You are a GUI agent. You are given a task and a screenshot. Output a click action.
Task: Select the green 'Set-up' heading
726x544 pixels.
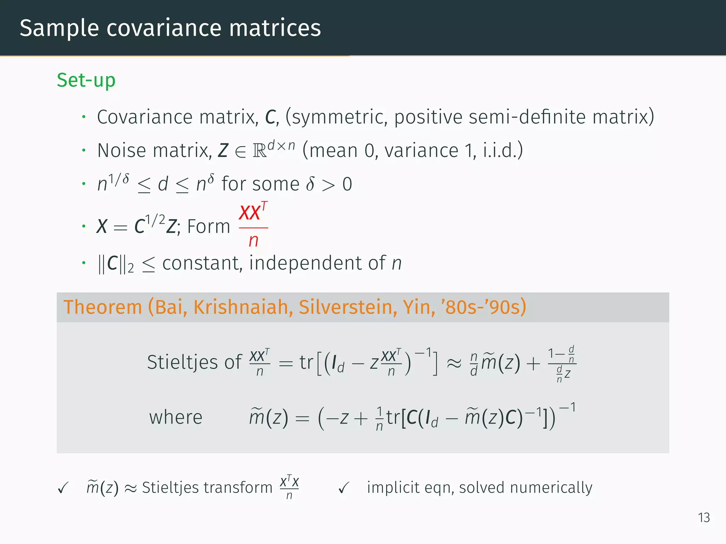click(x=86, y=80)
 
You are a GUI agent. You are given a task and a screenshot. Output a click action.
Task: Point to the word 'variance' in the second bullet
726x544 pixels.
click(x=421, y=151)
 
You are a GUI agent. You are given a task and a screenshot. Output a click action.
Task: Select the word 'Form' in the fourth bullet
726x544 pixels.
click(x=208, y=227)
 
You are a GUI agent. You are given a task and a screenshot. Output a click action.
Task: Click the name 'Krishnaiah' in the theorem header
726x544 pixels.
click(x=243, y=307)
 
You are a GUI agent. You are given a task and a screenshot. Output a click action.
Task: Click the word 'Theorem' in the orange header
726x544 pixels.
click(x=103, y=307)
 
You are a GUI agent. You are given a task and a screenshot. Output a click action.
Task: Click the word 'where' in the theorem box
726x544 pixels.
click(x=175, y=417)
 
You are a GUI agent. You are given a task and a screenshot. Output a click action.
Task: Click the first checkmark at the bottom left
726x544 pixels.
click(x=63, y=488)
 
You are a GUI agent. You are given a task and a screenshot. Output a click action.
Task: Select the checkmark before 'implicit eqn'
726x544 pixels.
click(x=344, y=488)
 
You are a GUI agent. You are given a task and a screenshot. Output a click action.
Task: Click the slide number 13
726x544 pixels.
click(x=704, y=518)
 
